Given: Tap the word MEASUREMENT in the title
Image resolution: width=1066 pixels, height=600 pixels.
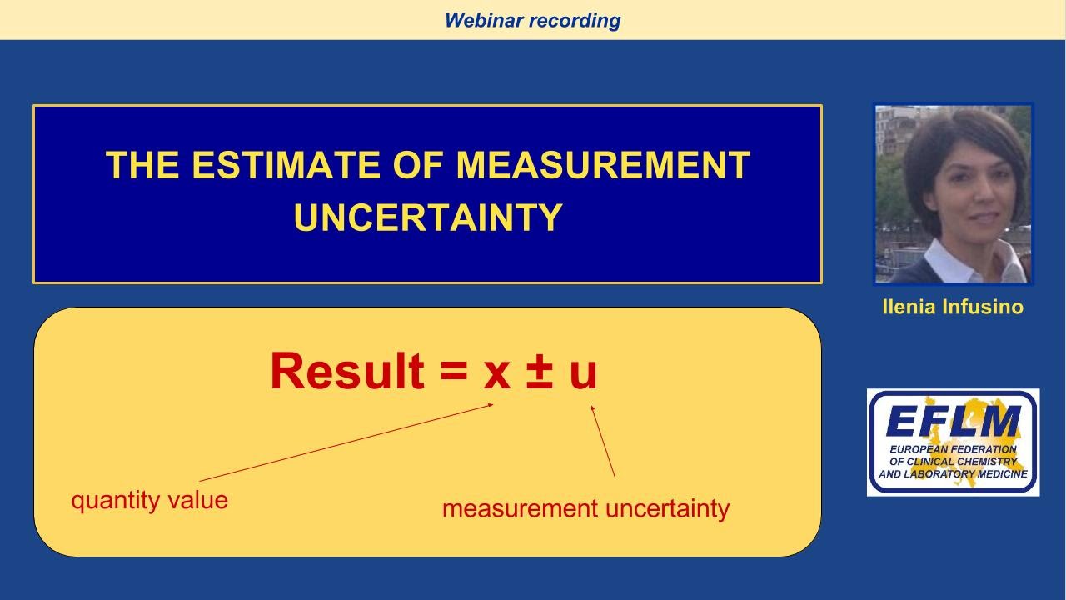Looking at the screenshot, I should click(x=603, y=165).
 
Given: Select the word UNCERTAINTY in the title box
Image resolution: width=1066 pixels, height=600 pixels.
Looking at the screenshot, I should click(x=428, y=217).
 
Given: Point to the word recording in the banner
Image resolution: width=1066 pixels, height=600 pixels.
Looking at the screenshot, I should click(x=575, y=20).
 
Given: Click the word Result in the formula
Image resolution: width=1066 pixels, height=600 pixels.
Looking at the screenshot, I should click(x=346, y=372).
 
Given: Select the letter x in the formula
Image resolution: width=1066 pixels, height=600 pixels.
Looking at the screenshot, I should click(x=496, y=373).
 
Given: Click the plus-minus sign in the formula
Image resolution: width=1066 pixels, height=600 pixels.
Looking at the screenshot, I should click(x=540, y=372).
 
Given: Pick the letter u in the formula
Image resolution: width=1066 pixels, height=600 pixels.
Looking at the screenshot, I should click(x=583, y=373).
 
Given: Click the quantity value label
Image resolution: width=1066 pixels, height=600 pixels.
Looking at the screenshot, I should click(x=149, y=500).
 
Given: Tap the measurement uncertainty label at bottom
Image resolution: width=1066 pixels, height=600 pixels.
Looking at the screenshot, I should click(x=585, y=508).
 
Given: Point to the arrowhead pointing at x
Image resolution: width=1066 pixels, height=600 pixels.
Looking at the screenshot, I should click(x=491, y=405).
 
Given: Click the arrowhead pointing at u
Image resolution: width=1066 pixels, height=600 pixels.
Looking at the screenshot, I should click(x=593, y=408).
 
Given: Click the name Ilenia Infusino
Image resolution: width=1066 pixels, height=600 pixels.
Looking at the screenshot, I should click(x=952, y=307).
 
